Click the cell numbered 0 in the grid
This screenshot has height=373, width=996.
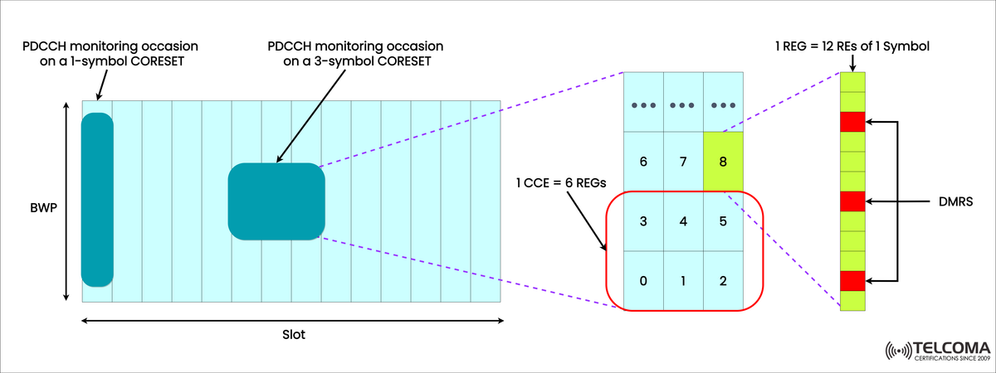point(643,280)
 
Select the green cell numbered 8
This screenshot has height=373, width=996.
point(723,161)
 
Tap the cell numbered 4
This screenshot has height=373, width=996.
point(683,221)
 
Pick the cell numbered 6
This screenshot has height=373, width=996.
point(643,161)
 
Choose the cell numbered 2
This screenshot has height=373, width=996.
point(723,280)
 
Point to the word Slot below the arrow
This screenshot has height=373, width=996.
point(293,336)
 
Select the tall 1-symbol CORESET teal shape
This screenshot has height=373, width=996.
point(97,199)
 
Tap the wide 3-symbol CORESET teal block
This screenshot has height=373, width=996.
point(276,201)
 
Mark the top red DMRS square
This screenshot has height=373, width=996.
point(852,123)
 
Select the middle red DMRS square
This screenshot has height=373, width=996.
point(852,201)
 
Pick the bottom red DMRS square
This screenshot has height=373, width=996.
point(852,280)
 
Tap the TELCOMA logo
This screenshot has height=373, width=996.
point(937,351)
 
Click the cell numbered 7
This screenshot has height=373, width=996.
point(683,161)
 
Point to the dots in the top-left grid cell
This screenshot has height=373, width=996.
point(643,106)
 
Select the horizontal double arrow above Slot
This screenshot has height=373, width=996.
point(292,319)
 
